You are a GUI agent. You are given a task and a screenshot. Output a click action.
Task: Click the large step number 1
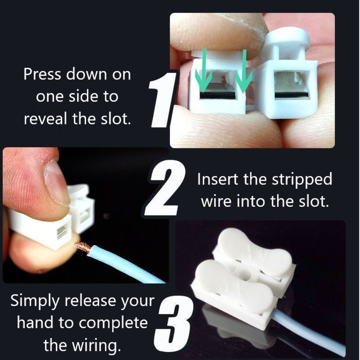click(162, 100)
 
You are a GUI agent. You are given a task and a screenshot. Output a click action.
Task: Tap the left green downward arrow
click(204, 72)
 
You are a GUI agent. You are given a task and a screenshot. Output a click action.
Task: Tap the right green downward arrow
click(244, 71)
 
